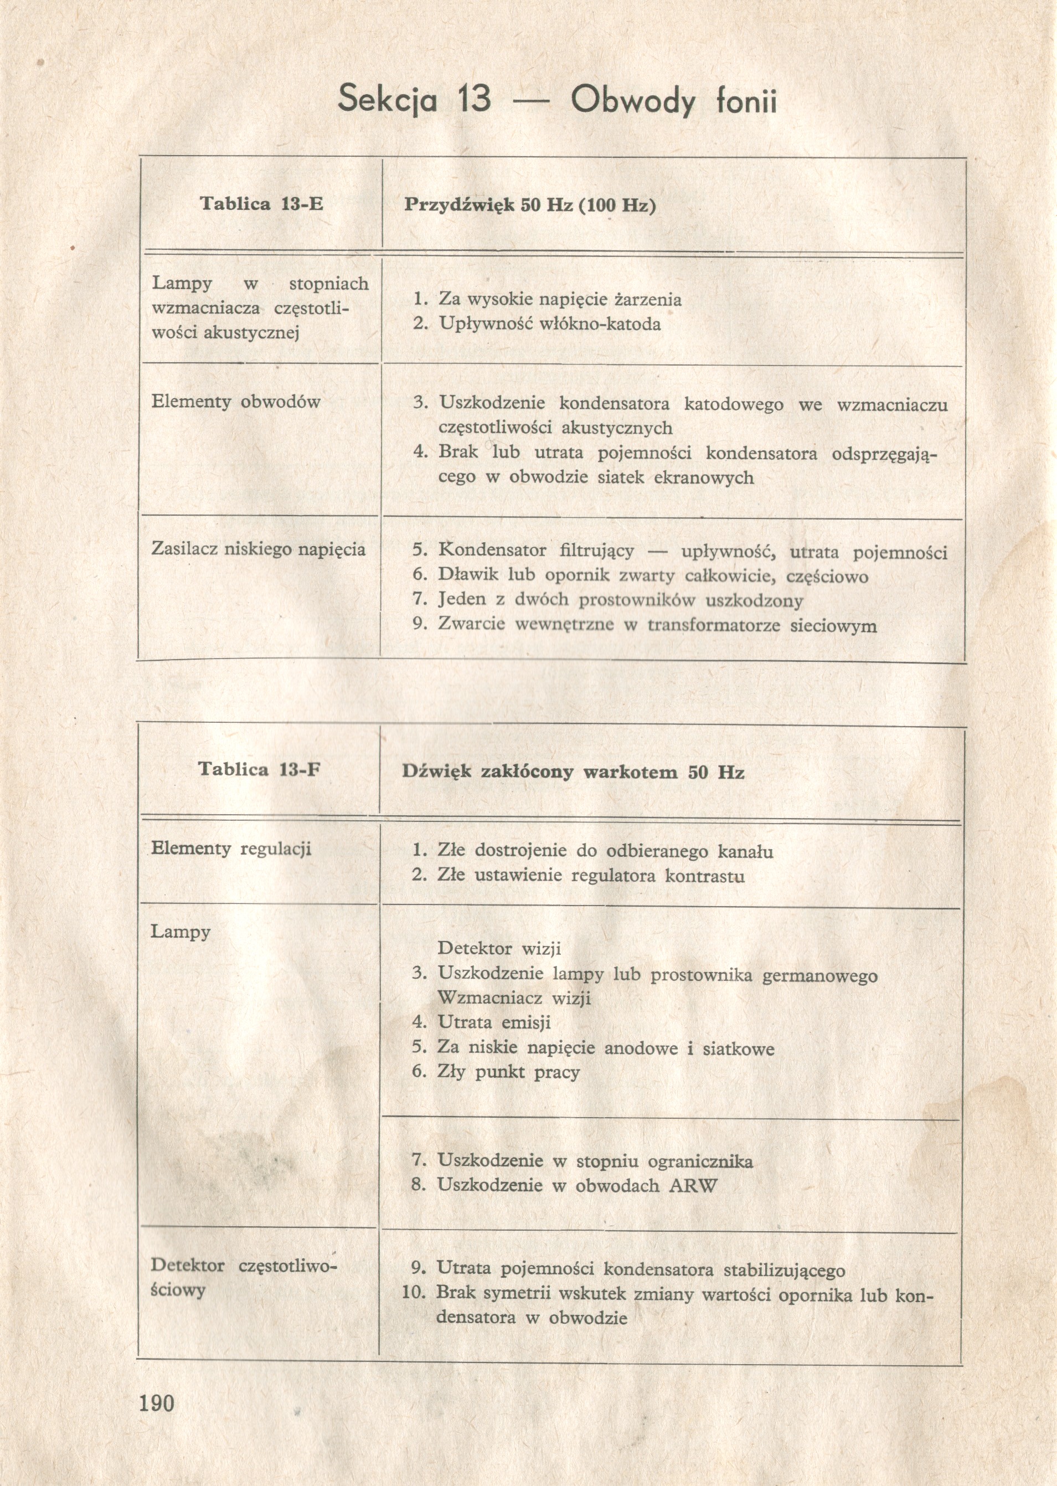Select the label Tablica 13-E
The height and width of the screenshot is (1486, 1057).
(261, 204)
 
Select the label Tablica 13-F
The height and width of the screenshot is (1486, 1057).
(260, 769)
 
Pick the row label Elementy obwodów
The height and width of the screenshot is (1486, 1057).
(236, 402)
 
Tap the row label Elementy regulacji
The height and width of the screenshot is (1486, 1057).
(231, 849)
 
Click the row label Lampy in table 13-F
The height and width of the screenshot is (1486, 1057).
(181, 932)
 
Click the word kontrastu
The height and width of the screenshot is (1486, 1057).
(704, 876)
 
